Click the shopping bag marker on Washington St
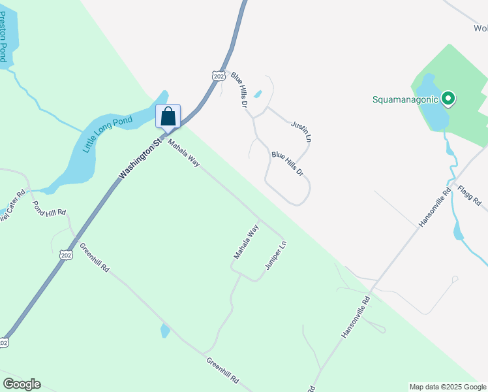click(168, 117)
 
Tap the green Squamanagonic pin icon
click(448, 99)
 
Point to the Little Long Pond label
click(107, 134)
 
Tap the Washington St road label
click(140, 159)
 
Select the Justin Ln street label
click(301, 131)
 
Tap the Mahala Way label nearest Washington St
click(183, 152)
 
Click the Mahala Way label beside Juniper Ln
click(247, 242)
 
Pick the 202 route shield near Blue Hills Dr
click(219, 76)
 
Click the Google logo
click(22, 384)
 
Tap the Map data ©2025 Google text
click(448, 387)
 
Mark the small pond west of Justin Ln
click(258, 94)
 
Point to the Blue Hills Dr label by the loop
click(288, 163)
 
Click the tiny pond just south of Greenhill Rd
click(165, 331)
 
